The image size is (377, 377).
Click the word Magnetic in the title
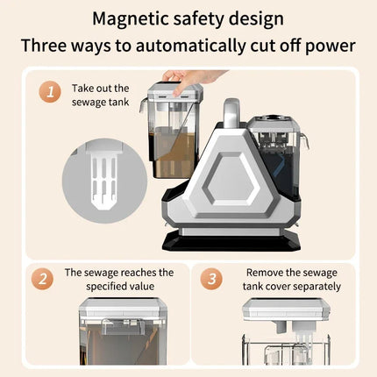pos(131,19)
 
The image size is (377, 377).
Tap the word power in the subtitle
pos(331,46)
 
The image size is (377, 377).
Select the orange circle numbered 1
pos(50,92)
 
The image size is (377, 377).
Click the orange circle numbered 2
pos(42,279)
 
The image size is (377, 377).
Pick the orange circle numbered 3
pos(211,279)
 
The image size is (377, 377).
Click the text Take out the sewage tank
pos(101,96)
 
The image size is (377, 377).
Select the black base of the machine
pos(231,240)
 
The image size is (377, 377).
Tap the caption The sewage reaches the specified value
pos(119,279)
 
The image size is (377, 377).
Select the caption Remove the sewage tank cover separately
pos(292,279)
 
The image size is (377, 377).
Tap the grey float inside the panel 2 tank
pos(123,326)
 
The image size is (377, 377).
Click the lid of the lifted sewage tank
pos(174,91)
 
